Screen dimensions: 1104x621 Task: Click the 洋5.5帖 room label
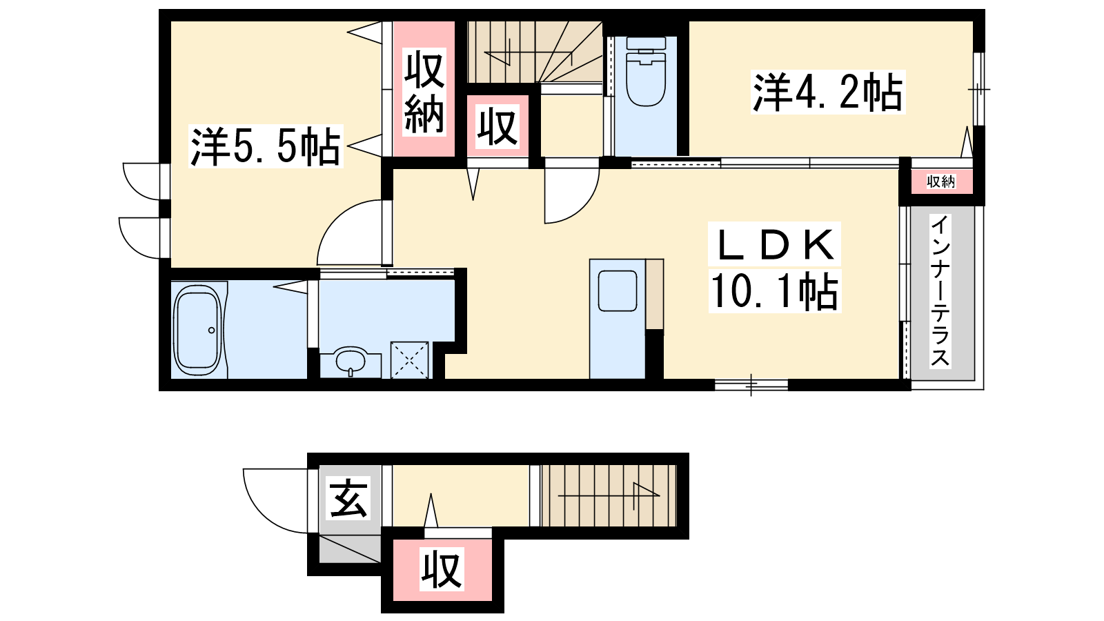pyautogui.click(x=266, y=147)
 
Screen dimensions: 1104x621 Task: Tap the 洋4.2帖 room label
pyautogui.click(x=828, y=92)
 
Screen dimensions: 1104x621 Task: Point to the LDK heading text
pyautogui.click(x=774, y=245)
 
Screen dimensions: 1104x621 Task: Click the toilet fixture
pyautogui.click(x=645, y=73)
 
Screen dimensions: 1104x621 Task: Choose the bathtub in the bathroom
pyautogui.click(x=198, y=330)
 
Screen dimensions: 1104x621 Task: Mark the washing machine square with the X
pyautogui.click(x=410, y=360)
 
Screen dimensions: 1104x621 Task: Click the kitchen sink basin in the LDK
pyautogui.click(x=618, y=291)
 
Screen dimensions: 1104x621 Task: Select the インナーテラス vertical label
pyautogui.click(x=941, y=291)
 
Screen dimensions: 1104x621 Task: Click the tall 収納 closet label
pyautogui.click(x=424, y=92)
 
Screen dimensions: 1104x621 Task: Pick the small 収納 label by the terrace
pyautogui.click(x=941, y=182)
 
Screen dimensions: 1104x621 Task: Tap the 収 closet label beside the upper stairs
pyautogui.click(x=497, y=127)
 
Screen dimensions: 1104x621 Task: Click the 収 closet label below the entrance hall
pyautogui.click(x=442, y=569)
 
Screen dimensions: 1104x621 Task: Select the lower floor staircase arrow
pyautogui.click(x=609, y=495)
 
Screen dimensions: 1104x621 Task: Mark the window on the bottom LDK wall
pyautogui.click(x=751, y=385)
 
